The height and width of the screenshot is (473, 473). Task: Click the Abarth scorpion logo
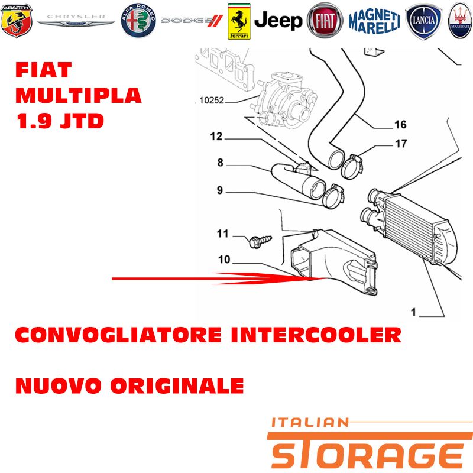(x=17, y=21)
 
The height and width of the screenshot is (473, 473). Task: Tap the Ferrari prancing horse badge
(x=239, y=21)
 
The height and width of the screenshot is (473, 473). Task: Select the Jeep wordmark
(x=278, y=21)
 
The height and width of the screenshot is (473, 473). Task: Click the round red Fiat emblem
(x=325, y=21)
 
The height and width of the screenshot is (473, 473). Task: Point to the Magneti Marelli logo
(x=374, y=21)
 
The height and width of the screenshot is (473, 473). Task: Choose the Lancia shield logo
(x=423, y=21)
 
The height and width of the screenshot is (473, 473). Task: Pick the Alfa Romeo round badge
(x=138, y=21)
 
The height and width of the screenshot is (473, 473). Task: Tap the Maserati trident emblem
(x=461, y=21)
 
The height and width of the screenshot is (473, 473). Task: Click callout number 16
(x=400, y=124)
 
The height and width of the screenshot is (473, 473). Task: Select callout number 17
(x=401, y=144)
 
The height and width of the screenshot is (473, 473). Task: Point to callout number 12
(x=216, y=137)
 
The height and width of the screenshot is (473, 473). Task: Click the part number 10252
(x=212, y=100)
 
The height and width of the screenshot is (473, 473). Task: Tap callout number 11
(x=223, y=234)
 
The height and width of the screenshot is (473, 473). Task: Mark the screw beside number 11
(x=260, y=242)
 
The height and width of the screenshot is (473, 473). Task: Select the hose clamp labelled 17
(x=352, y=167)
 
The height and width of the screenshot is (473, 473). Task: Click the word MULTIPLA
(x=79, y=95)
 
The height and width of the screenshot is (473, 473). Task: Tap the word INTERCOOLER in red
(x=316, y=335)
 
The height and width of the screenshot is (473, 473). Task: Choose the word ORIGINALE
(x=177, y=386)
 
